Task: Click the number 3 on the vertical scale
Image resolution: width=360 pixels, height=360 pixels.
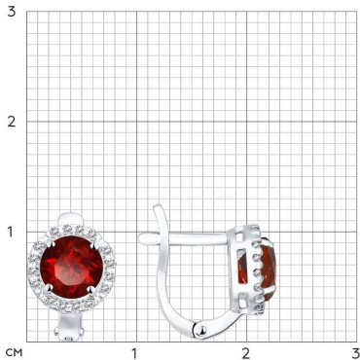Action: (x=12, y=12)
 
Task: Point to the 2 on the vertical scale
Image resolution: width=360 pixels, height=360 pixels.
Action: (x=12, y=122)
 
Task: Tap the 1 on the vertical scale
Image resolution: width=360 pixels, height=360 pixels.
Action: (x=12, y=233)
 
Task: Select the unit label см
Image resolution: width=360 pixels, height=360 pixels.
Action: (x=15, y=352)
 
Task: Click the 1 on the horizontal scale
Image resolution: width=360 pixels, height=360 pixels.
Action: (x=134, y=353)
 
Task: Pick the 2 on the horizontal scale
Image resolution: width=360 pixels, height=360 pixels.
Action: (x=246, y=353)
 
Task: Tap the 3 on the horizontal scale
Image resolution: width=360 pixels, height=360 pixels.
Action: (x=355, y=353)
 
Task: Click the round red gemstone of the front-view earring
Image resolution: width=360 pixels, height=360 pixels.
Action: (x=72, y=267)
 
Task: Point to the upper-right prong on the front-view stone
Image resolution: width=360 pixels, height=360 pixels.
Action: (x=93, y=242)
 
